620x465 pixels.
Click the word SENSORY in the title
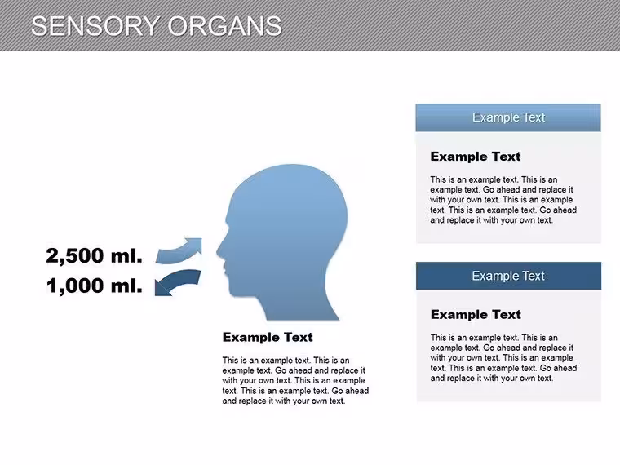(x=95, y=26)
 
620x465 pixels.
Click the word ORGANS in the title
(x=224, y=26)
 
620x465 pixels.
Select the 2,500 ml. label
(x=94, y=255)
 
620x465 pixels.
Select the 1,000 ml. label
(x=94, y=286)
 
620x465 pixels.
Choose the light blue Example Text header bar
(x=508, y=117)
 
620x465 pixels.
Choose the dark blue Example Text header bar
(x=508, y=276)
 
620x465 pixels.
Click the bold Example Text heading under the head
(x=268, y=337)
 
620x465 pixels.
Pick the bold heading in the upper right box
(x=476, y=157)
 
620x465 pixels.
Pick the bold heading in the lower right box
(x=476, y=315)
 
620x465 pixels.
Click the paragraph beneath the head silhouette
(x=295, y=380)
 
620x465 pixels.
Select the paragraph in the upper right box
(x=503, y=200)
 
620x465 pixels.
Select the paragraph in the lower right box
(x=504, y=358)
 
